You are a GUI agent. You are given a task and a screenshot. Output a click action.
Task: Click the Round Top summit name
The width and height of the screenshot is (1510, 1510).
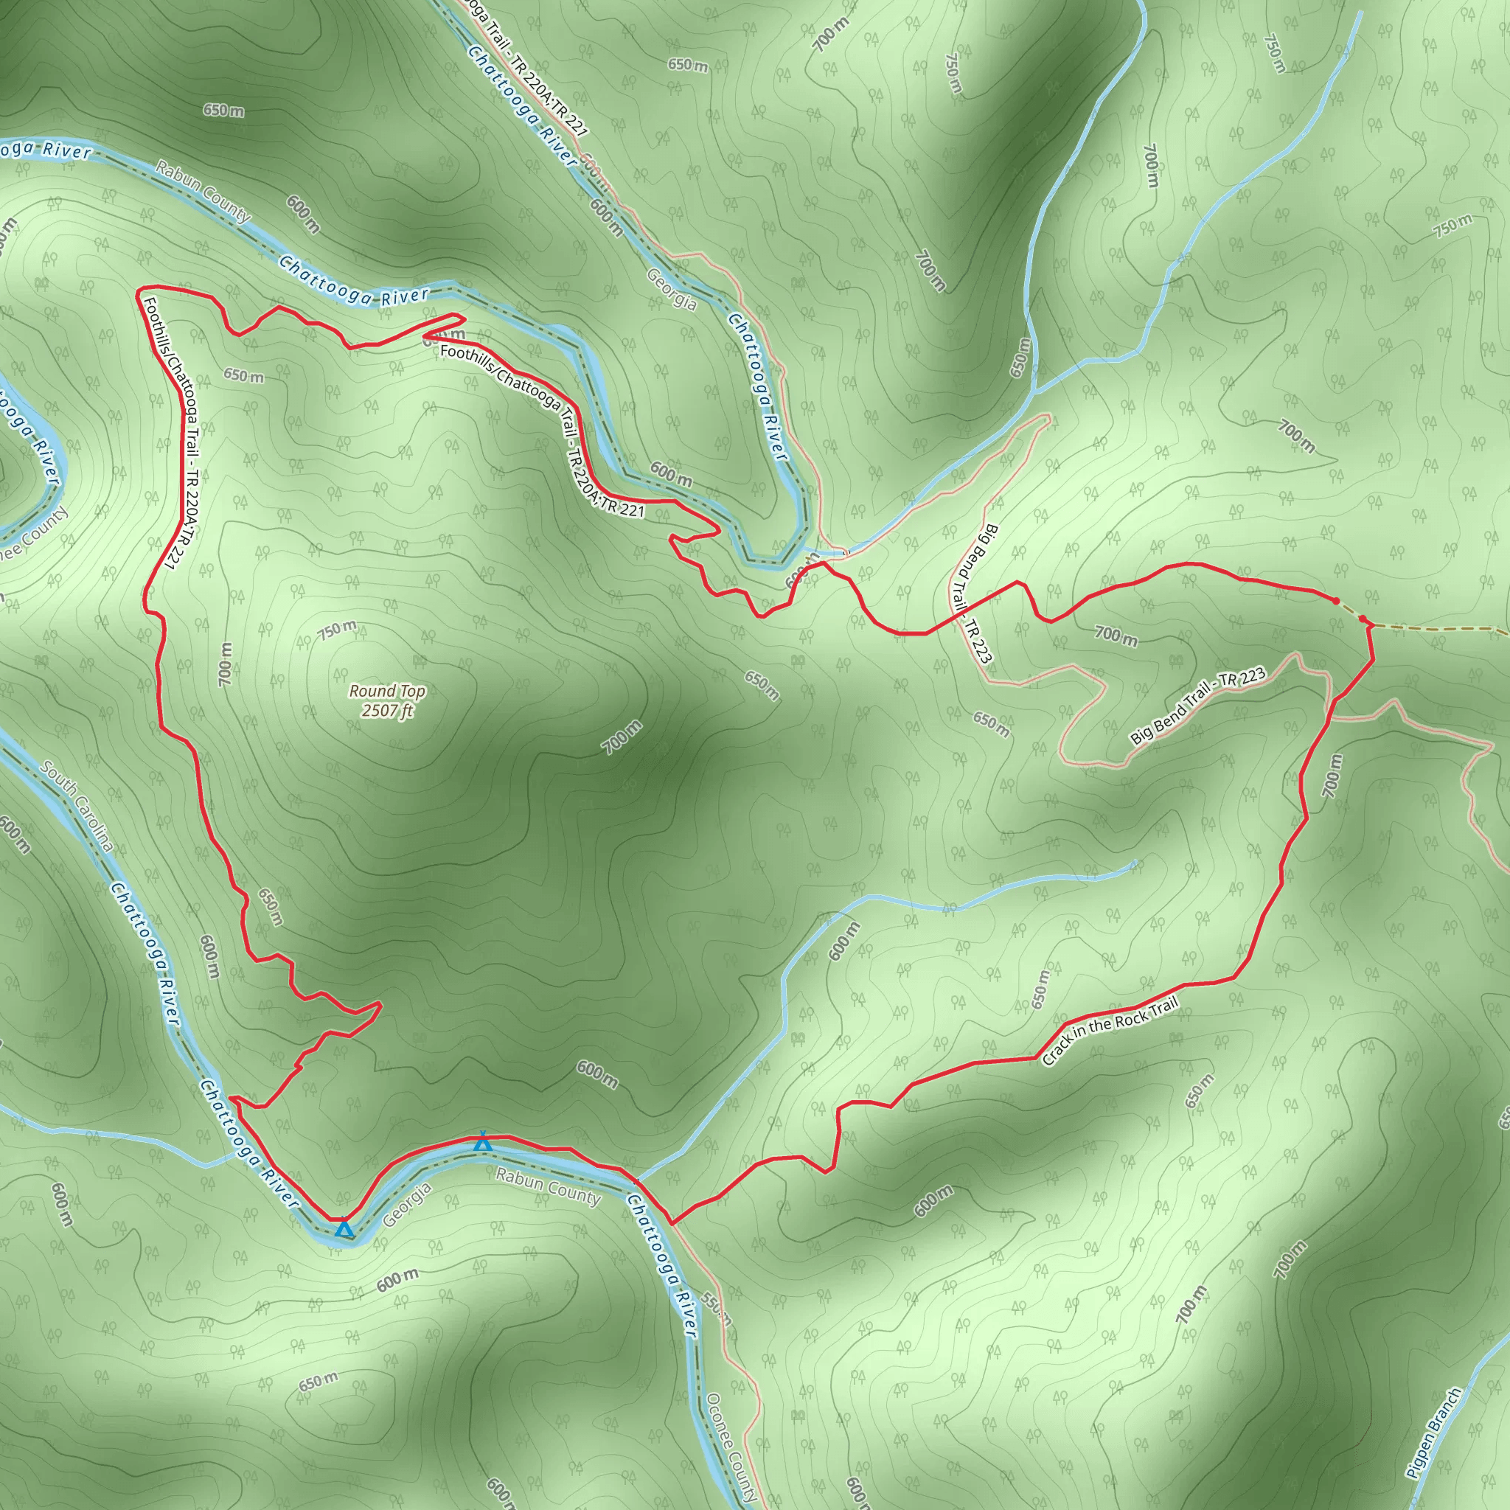387,691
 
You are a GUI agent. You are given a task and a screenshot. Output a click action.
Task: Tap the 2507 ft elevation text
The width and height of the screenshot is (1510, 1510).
387,711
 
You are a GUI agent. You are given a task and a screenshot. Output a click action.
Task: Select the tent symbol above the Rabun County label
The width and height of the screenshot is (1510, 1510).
483,1142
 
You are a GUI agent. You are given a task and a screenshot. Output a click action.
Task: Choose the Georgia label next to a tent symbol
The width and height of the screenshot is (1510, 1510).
407,1205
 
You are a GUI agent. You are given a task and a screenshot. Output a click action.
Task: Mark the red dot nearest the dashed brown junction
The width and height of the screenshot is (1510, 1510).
1363,620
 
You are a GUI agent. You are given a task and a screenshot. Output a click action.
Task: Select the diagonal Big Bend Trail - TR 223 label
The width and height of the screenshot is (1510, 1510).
1197,706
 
